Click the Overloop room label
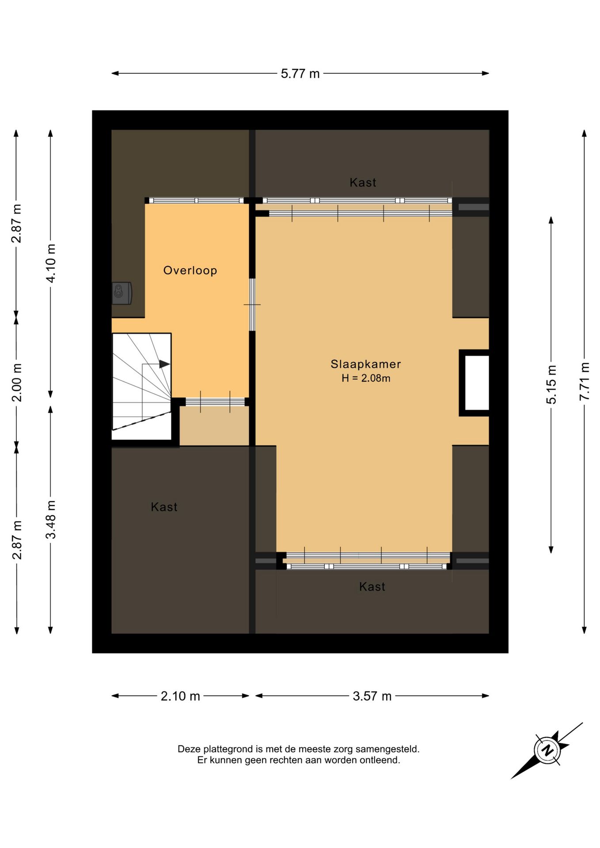coord(190,270)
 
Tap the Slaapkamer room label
coord(366,364)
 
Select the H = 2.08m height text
coord(366,378)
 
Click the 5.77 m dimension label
coord(300,73)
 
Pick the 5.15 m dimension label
coord(551,385)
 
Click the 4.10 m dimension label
coord(51,263)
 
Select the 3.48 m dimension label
coord(51,520)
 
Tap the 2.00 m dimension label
coord(17,382)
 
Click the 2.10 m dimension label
coord(180,696)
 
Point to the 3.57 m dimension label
coord(372,696)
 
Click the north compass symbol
coord(547,750)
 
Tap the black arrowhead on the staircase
coord(164,364)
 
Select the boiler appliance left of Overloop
coord(122,293)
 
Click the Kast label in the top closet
coord(363,182)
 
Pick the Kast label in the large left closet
coord(164,507)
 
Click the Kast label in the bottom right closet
coord(372,587)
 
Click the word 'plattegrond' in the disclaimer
coord(227,749)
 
